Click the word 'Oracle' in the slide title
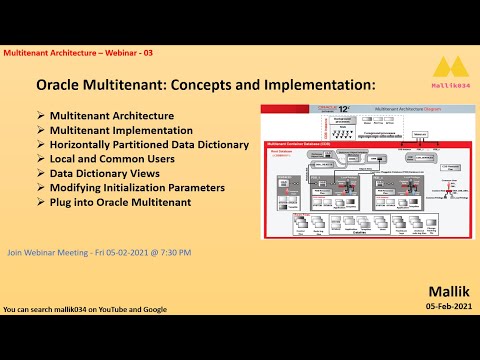(x=62, y=87)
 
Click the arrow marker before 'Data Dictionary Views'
(x=41, y=172)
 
